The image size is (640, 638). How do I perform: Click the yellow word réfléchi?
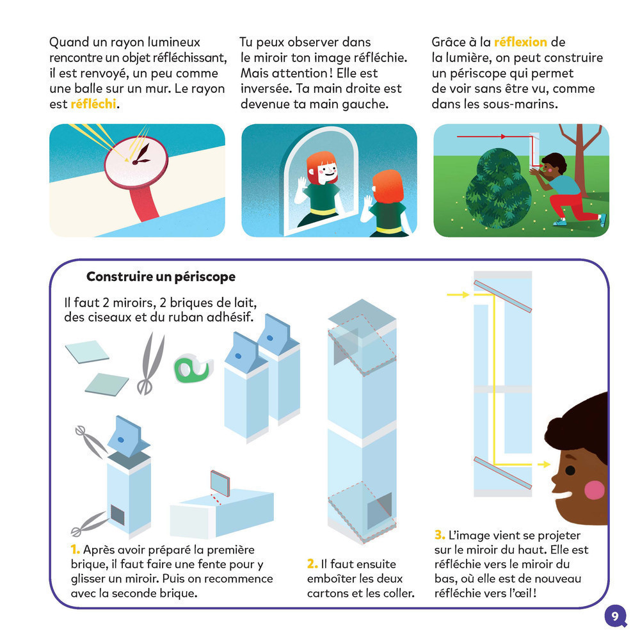(93, 104)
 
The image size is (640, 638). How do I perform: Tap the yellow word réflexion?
(520, 42)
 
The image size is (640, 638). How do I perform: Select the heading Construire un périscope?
(161, 276)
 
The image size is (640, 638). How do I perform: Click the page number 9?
(615, 616)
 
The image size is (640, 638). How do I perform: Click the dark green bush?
(499, 188)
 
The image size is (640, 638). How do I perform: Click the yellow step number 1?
(75, 550)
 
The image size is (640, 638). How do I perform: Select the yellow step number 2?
(312, 564)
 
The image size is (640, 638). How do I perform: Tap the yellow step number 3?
(440, 535)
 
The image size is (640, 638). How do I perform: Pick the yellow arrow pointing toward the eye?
(543, 464)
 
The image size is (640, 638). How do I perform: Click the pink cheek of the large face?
(594, 490)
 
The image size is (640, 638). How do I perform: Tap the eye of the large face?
(570, 470)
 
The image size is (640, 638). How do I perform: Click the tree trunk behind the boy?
(580, 163)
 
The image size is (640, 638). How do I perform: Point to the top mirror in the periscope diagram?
(502, 296)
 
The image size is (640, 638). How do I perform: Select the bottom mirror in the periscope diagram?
(502, 473)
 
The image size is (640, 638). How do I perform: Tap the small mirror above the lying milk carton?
(220, 483)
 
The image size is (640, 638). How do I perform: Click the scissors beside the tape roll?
(151, 363)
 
